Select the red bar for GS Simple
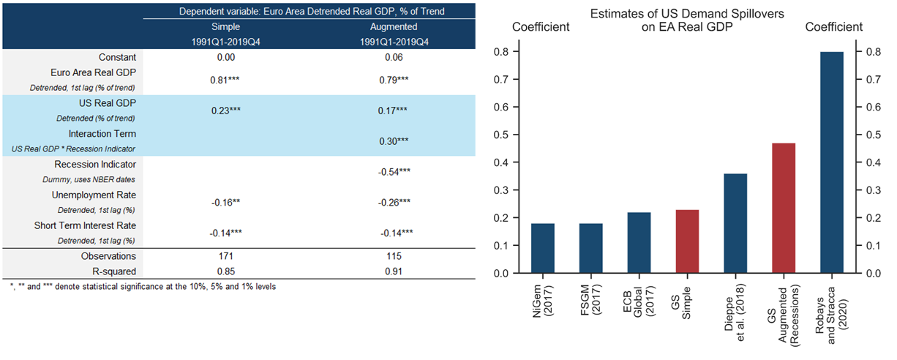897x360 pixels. click(686, 241)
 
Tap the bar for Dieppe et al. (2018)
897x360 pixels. click(735, 223)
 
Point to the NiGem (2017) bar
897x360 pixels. click(542, 248)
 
